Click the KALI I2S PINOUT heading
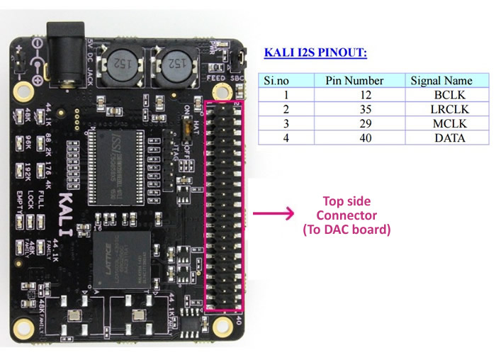coord(315,52)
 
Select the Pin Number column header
coord(354,81)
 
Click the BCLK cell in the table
coord(449,95)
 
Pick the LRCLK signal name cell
coord(449,109)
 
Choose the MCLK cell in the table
coord(449,123)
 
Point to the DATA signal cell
coord(449,137)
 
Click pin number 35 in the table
coord(354,109)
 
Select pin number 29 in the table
coord(354,123)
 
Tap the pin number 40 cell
coord(354,137)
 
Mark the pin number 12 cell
coord(354,95)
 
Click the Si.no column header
coord(277,81)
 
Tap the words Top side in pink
coord(346,201)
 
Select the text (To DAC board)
coord(346,230)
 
